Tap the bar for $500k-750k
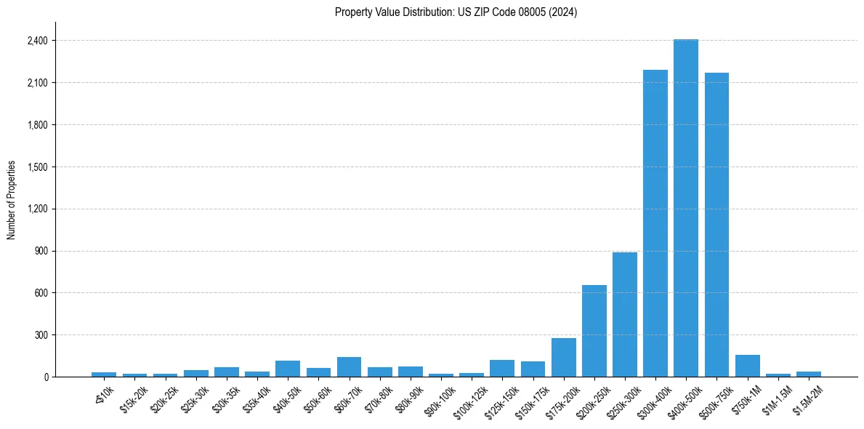(x=716, y=225)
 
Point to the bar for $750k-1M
(x=747, y=366)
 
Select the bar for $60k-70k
(x=349, y=366)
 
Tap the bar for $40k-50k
(x=288, y=369)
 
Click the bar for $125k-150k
(x=502, y=368)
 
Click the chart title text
(x=456, y=12)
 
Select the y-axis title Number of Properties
(x=12, y=199)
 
